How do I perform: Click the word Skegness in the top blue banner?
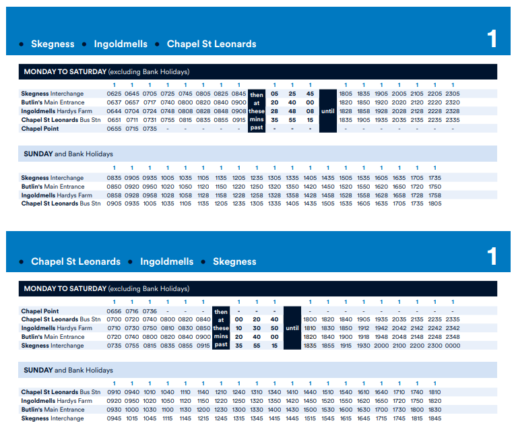[53, 44]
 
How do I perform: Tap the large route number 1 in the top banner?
[492, 38]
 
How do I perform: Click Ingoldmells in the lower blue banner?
[166, 261]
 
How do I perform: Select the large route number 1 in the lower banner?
[492, 256]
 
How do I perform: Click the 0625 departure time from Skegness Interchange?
[114, 94]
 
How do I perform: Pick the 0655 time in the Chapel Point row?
[114, 128]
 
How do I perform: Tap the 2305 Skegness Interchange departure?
[453, 94]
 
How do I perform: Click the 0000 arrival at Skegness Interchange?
[453, 346]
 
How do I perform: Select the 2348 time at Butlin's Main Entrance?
[453, 337]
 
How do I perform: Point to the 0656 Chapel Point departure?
[114, 311]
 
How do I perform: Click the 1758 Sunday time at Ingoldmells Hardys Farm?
[434, 195]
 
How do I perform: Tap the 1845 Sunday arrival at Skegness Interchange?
[434, 418]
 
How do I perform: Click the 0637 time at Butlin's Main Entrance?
[114, 102]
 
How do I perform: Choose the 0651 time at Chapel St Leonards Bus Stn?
[114, 119]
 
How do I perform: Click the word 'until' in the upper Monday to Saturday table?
[327, 111]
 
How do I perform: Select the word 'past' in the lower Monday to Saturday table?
[221, 346]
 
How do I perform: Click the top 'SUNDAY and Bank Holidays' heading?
[68, 154]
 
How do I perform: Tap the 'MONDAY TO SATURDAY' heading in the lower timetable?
[65, 288]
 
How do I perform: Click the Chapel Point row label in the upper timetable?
[40, 128]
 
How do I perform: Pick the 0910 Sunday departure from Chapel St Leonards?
[114, 392]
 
